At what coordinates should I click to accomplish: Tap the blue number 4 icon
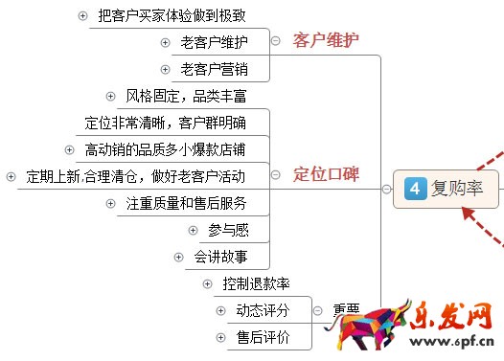415,189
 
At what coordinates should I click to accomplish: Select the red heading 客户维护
326,40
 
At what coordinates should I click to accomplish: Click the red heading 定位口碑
326,174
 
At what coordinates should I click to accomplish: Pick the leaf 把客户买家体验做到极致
172,15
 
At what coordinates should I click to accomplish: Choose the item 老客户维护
214,42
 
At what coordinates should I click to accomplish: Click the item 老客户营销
214,69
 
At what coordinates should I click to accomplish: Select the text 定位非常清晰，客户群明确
165,123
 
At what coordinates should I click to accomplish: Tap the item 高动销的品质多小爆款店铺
165,149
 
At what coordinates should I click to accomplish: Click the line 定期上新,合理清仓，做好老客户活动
135,176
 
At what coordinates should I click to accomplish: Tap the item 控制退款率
256,283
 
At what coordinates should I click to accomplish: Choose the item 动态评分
263,310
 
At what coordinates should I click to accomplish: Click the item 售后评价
263,337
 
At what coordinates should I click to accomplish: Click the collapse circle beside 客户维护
276,40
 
